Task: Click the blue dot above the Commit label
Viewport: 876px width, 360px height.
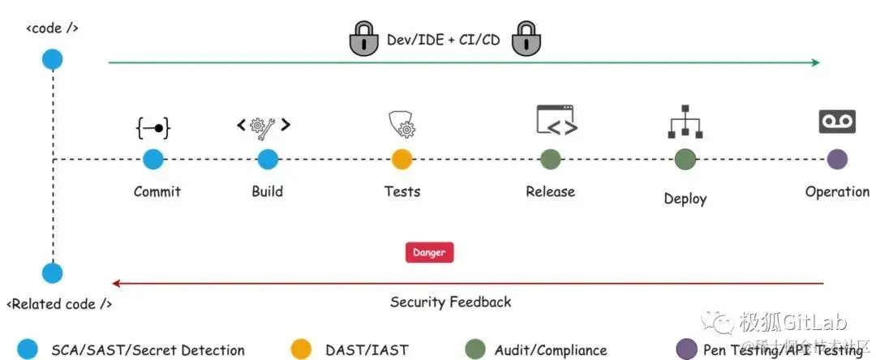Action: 153,159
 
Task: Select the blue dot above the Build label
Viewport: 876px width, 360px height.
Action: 268,159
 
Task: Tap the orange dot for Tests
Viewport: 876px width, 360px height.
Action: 402,159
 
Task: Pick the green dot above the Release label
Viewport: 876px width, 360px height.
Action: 550,159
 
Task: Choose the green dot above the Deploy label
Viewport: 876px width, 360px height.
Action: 685,159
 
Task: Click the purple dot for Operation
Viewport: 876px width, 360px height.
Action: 837,159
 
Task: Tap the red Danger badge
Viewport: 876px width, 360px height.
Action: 429,252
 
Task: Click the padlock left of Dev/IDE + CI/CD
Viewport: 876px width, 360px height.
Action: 364,38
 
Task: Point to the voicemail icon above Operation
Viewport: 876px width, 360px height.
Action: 837,122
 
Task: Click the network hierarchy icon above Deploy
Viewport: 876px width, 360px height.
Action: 685,122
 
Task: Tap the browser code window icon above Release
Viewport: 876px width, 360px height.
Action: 556,121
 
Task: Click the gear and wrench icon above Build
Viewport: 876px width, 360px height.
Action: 264,126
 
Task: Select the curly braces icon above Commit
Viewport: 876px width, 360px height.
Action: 153,127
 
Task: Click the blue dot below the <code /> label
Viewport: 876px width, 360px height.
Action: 53,59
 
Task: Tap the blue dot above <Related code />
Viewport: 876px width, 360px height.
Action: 53,273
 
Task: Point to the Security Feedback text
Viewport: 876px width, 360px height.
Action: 451,302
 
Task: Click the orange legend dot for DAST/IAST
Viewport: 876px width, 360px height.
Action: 301,349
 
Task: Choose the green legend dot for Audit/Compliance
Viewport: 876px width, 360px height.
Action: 474,349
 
